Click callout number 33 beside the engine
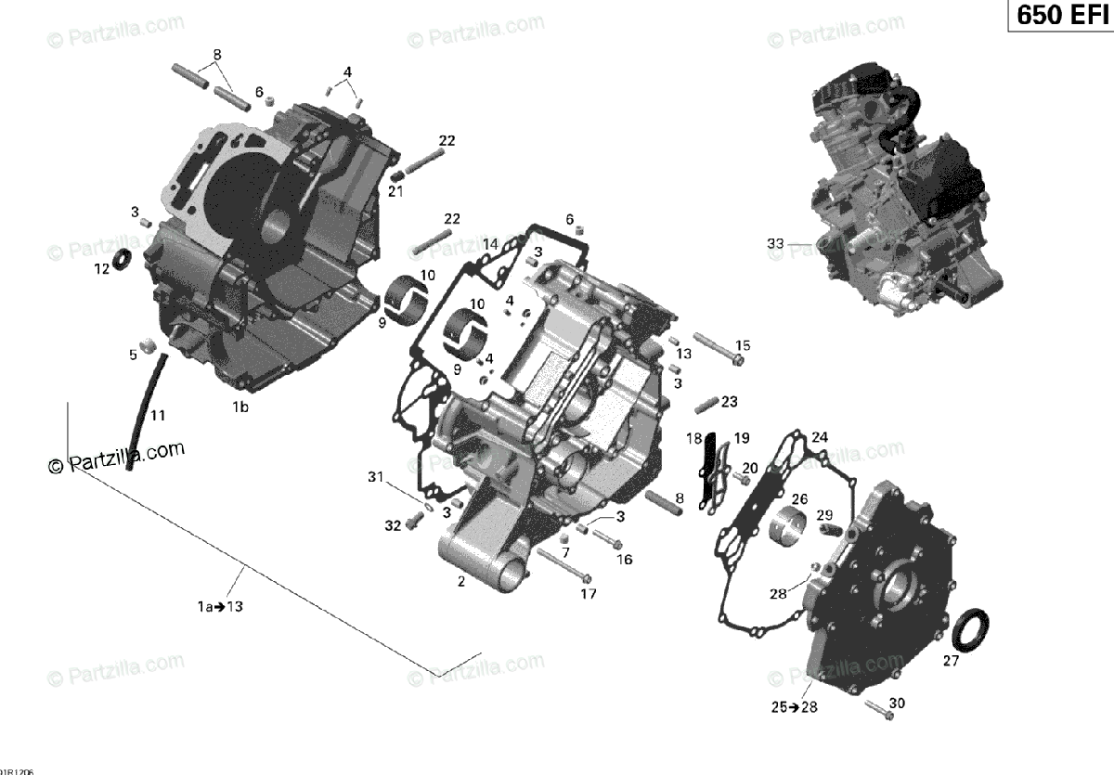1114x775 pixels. [775, 244]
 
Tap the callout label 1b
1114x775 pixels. [240, 407]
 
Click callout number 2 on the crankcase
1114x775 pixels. [460, 582]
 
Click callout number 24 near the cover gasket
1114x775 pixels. [820, 437]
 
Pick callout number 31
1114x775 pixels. [375, 477]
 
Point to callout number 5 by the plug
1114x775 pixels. [133, 354]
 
